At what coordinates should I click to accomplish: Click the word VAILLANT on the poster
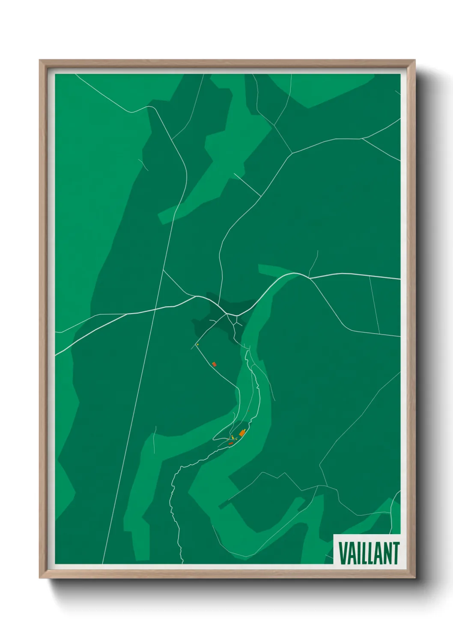point(369,553)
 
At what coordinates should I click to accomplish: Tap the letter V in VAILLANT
point(343,553)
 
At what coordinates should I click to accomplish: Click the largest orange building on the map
point(242,434)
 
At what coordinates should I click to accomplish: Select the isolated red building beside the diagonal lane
point(214,364)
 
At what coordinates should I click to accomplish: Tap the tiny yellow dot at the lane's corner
point(197,344)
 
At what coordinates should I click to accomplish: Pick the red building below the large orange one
point(231,443)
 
